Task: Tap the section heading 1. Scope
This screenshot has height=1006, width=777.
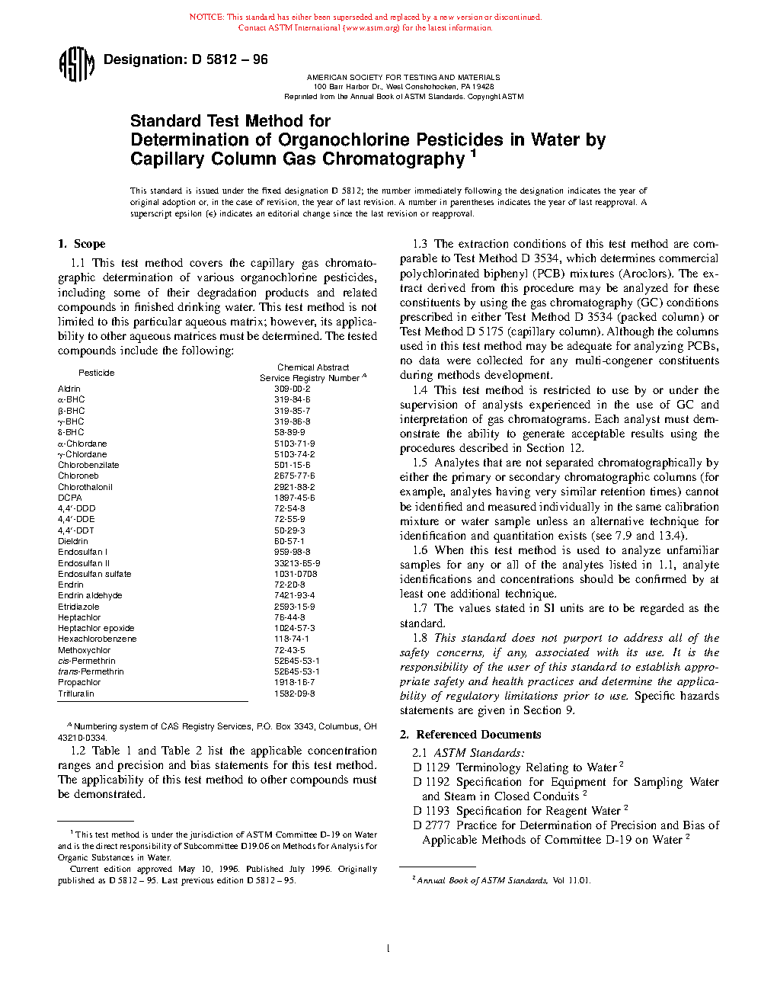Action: [82, 244]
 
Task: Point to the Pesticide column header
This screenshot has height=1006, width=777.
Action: [97, 373]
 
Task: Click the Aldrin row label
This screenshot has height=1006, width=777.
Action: [69, 389]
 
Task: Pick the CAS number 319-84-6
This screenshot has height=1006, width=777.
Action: [292, 399]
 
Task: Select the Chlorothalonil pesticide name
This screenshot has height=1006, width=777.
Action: [85, 487]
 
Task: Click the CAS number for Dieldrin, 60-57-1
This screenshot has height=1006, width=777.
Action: [289, 541]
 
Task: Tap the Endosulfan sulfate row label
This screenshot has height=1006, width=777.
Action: [94, 574]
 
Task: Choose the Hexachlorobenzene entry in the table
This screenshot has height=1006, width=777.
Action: [98, 639]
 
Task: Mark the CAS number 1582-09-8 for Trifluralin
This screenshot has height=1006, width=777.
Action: [294, 694]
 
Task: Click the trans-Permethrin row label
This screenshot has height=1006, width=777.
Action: [91, 671]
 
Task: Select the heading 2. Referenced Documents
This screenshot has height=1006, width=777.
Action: [471, 735]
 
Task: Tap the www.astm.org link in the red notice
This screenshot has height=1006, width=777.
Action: [372, 28]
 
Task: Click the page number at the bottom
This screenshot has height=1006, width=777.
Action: [388, 949]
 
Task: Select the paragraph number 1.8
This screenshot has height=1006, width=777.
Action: [420, 638]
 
